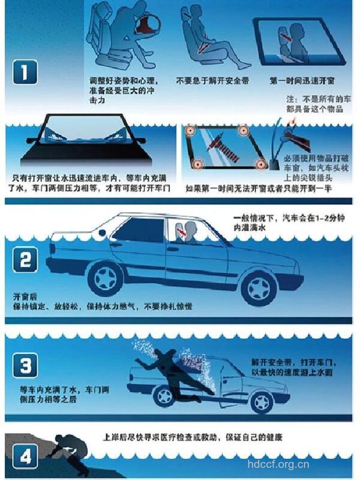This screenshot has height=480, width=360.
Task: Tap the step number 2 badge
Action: [25, 260]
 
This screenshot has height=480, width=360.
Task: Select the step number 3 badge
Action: [25, 365]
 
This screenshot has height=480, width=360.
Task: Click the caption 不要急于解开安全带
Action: [212, 81]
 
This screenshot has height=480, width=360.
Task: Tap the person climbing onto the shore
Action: [72, 452]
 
